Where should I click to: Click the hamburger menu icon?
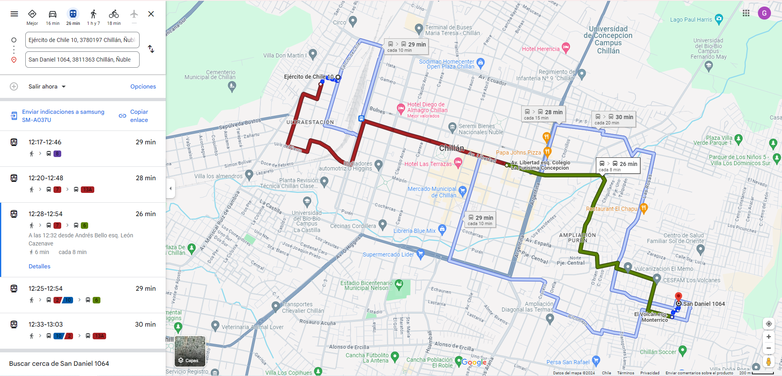point(14,14)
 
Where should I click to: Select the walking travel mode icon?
point(93,14)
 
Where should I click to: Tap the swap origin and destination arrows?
point(151,49)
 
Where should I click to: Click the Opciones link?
point(143,86)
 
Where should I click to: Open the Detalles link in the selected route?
point(40,266)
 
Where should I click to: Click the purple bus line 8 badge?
point(57,154)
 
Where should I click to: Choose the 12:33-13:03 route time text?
point(46,324)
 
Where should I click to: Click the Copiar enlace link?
point(139,116)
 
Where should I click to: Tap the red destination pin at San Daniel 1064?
point(678,297)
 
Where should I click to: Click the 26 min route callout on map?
point(618,166)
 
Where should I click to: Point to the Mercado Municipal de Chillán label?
point(432,192)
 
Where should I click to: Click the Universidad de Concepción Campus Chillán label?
point(608,40)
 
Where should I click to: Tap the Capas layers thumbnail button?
point(190,351)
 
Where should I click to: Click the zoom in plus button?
point(769,337)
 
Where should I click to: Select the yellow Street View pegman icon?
point(769,361)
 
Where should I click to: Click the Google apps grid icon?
point(746,13)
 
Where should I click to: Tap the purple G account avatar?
point(764,13)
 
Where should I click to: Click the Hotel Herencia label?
point(541,49)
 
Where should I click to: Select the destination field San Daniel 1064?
point(82,60)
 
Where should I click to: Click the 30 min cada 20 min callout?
point(614,119)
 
